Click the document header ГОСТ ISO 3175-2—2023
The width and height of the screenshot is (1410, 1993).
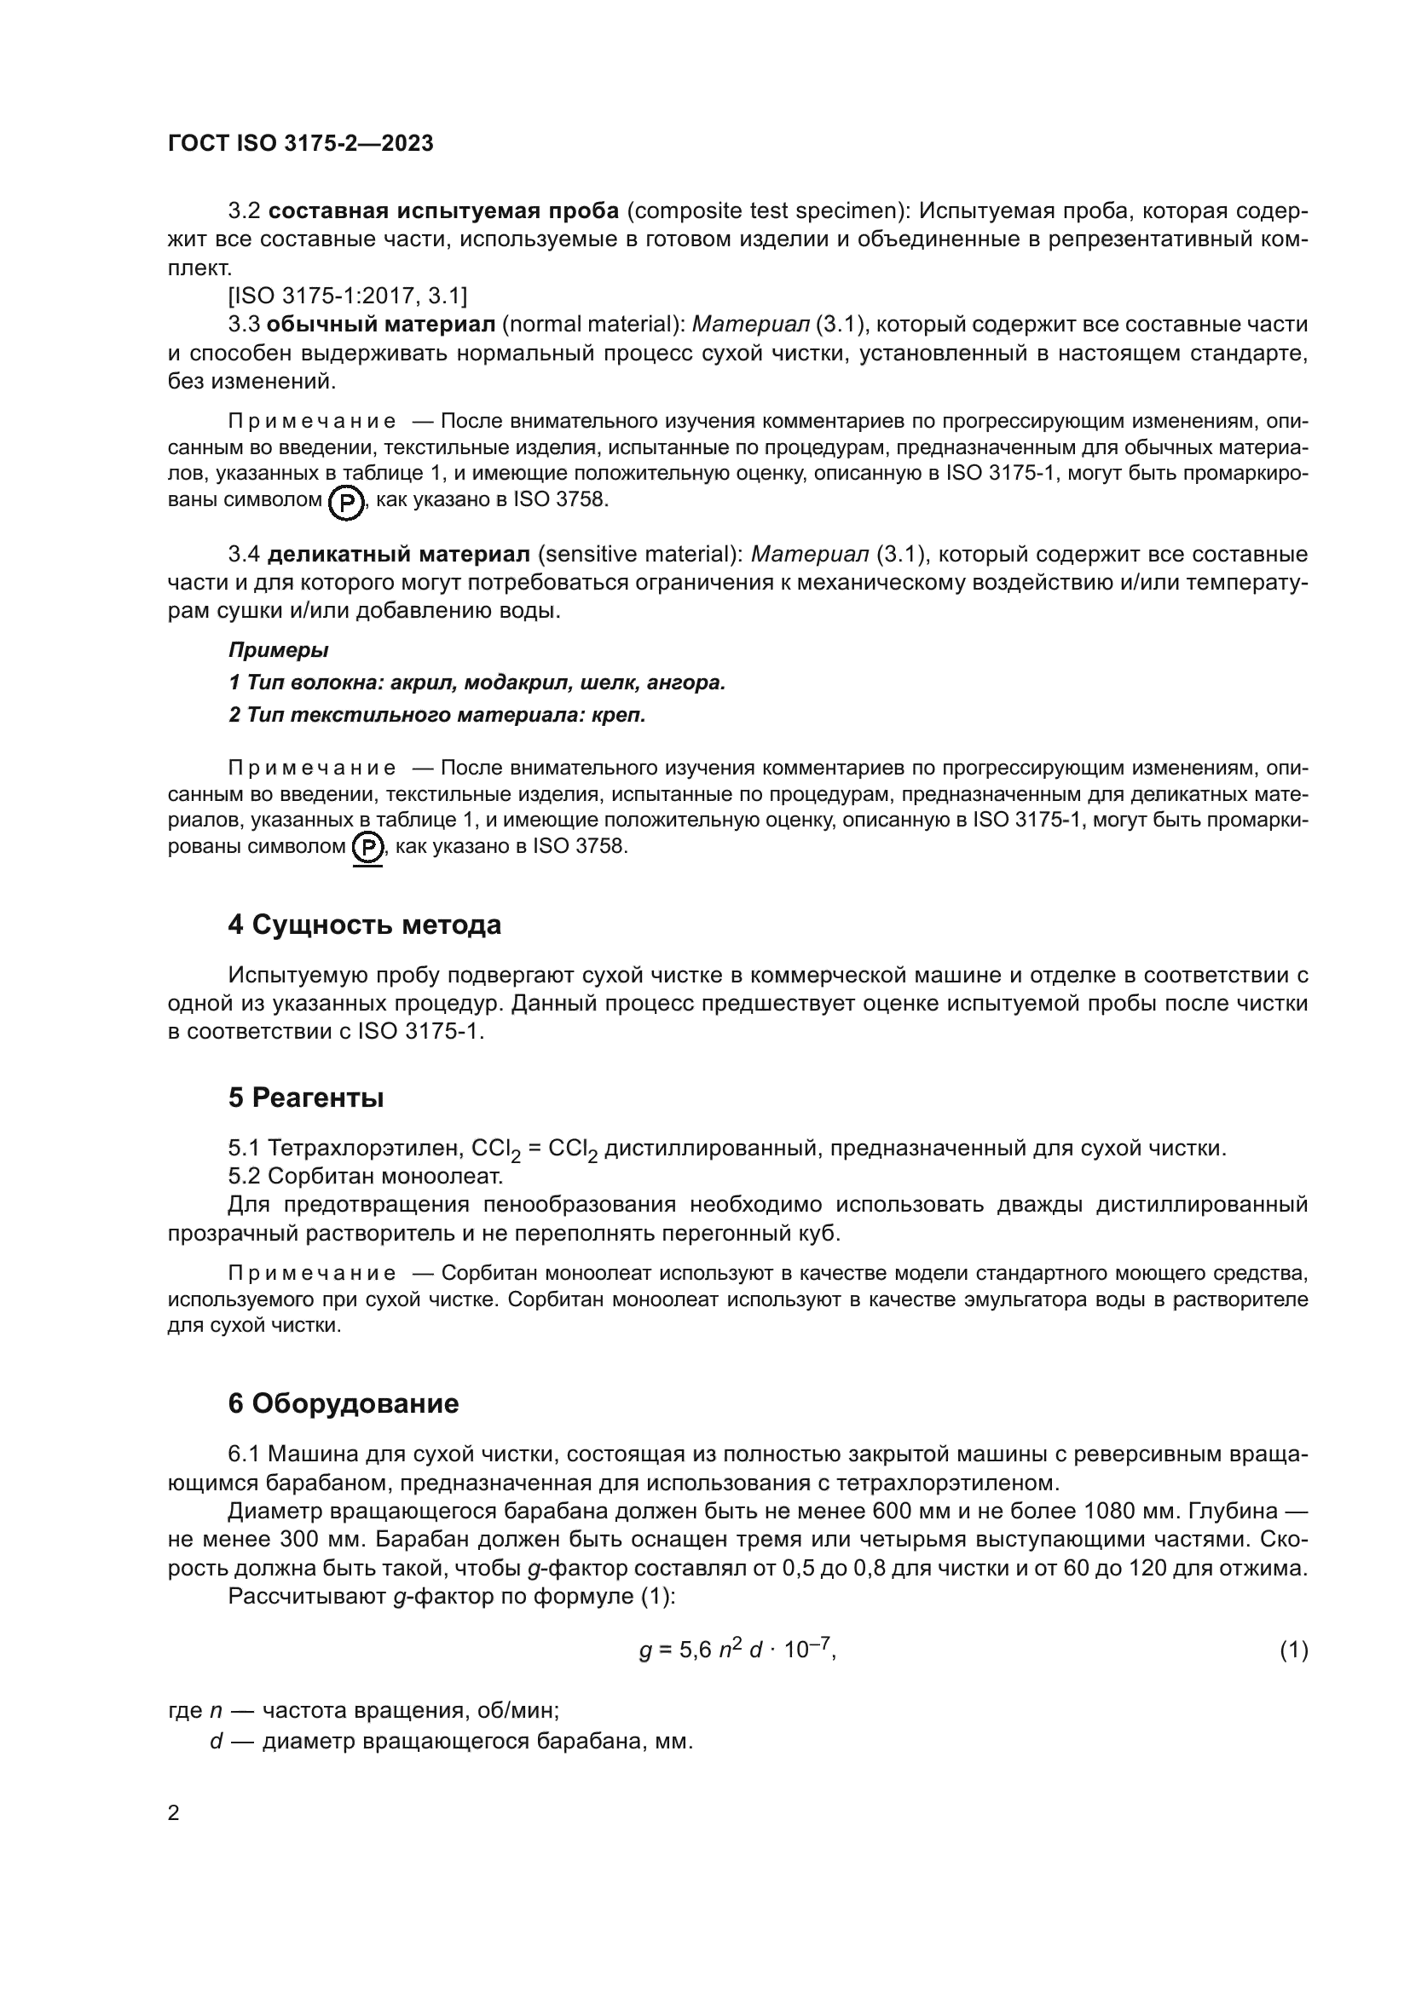[x=300, y=144]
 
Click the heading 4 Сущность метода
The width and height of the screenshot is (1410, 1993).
[x=364, y=925]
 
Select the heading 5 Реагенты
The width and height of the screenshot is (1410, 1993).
[x=306, y=1098]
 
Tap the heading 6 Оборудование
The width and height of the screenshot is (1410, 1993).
[x=343, y=1403]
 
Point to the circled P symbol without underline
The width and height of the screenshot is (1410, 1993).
[x=347, y=503]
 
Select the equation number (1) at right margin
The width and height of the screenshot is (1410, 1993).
[x=1293, y=1650]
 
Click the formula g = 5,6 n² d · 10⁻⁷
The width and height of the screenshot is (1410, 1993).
[x=737, y=1650]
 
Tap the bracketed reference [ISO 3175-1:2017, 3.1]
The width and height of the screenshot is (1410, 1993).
[x=347, y=296]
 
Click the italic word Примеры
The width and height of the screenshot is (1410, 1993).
[x=278, y=650]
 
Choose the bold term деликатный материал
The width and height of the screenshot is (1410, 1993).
[x=398, y=554]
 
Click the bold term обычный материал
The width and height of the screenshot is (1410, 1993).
[x=380, y=325]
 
